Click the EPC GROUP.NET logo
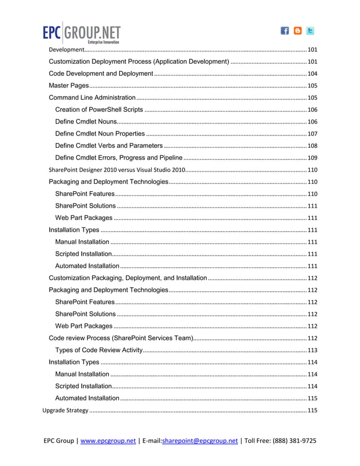click(x=81, y=33)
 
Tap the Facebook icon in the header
click(x=285, y=32)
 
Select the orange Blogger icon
click(x=297, y=32)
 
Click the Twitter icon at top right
click(x=310, y=32)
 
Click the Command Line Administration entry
click(x=92, y=98)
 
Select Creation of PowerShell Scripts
click(x=99, y=109)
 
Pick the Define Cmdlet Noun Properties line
click(x=100, y=134)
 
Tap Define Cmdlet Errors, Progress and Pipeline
click(x=118, y=157)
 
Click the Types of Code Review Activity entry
click(x=98, y=350)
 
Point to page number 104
click(x=312, y=74)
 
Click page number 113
click(x=312, y=350)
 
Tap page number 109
click(x=312, y=158)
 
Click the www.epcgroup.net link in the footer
click(x=108, y=441)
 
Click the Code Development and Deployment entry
click(x=101, y=74)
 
